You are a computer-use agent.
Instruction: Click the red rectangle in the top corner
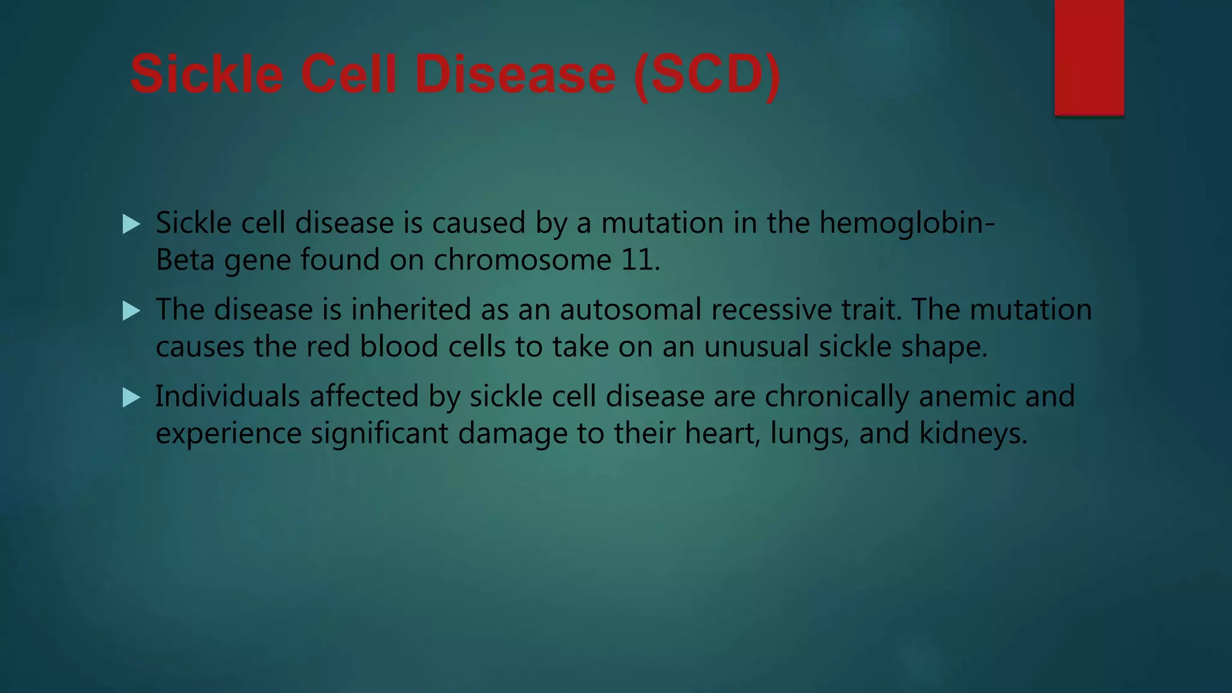pyautogui.click(x=1089, y=57)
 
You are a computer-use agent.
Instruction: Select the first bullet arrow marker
pyautogui.click(x=131, y=224)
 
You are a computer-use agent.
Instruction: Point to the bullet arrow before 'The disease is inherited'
pyautogui.click(x=131, y=311)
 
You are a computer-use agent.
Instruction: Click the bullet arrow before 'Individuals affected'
pyautogui.click(x=131, y=398)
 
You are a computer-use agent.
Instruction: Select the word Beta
pyautogui.click(x=185, y=260)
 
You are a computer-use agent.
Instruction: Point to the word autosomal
pyautogui.click(x=630, y=310)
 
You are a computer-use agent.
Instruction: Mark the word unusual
pyautogui.click(x=756, y=347)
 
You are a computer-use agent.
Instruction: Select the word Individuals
pyautogui.click(x=227, y=396)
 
